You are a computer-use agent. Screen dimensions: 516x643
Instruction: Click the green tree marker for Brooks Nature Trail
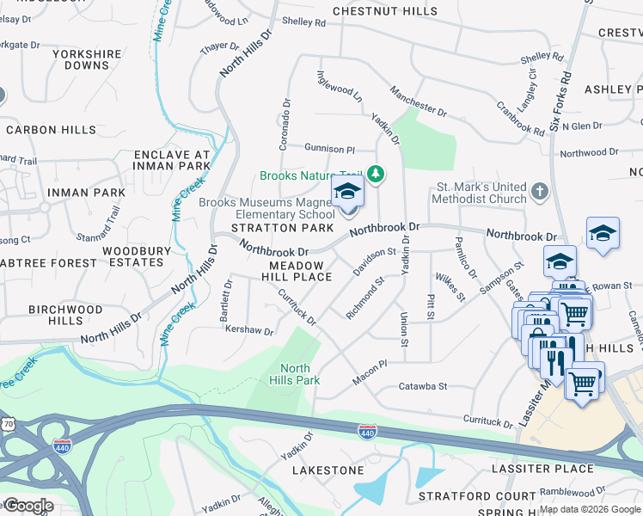(x=375, y=175)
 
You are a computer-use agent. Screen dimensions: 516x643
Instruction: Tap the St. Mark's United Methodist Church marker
(x=539, y=191)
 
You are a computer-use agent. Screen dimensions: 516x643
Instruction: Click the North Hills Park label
(x=295, y=374)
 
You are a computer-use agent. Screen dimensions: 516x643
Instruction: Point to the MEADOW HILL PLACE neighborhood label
(x=297, y=271)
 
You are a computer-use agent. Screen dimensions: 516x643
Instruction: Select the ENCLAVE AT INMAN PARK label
(x=172, y=159)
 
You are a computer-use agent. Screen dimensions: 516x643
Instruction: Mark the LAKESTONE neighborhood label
(x=328, y=470)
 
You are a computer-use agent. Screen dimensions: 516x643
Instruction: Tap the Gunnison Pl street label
(x=329, y=149)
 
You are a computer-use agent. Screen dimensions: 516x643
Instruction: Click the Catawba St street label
(x=423, y=387)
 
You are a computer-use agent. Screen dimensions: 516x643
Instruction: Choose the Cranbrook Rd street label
(x=520, y=120)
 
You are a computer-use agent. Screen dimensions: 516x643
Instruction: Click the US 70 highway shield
(x=8, y=425)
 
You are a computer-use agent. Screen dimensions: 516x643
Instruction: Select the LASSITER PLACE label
(x=542, y=469)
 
